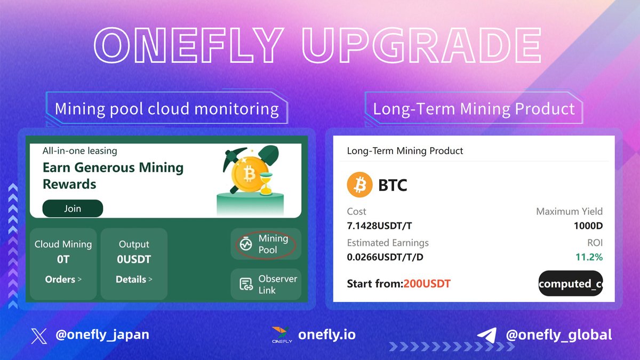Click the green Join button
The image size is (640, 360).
73,209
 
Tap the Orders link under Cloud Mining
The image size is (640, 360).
63,279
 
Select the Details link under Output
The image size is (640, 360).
134,279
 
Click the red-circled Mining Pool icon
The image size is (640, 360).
246,244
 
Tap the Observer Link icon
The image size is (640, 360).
246,284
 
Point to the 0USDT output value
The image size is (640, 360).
134,260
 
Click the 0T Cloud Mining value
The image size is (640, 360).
63,260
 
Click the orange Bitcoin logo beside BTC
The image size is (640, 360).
359,185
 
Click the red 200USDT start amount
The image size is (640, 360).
427,284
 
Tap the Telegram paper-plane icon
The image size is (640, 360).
487,335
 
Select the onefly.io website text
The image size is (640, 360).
327,335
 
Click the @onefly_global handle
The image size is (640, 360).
558,335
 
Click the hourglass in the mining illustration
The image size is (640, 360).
265,184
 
